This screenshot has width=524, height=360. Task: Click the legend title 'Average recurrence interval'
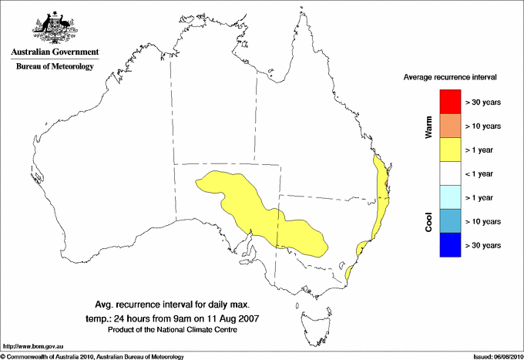coord(449,78)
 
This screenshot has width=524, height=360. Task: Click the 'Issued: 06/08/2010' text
coord(496,356)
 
